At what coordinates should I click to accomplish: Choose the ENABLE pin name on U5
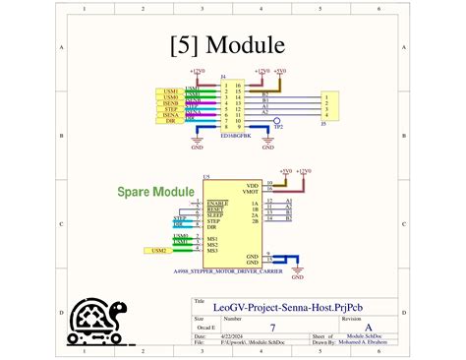[x=218, y=203]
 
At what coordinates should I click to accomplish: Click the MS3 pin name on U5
[x=213, y=249]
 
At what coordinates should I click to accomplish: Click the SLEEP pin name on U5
[x=216, y=214]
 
